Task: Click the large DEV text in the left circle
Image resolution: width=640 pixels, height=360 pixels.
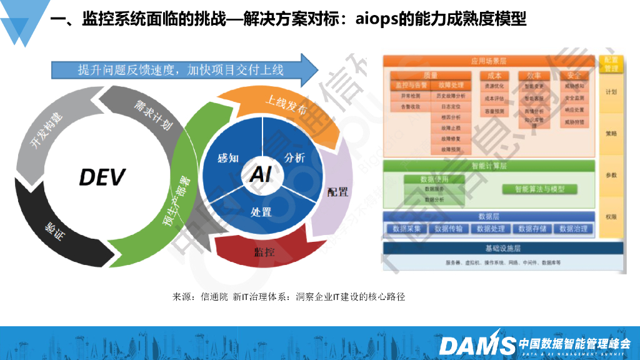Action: [102, 176]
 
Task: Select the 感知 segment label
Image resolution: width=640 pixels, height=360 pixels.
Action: [227, 157]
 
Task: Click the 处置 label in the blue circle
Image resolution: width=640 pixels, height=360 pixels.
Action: [261, 211]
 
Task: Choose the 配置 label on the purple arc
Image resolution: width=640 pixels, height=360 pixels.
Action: [337, 191]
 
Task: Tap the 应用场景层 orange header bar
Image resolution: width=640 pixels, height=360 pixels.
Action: [489, 61]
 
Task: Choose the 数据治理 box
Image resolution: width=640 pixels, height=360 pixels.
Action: [573, 229]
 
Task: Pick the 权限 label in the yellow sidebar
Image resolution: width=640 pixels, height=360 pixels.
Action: [611, 217]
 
